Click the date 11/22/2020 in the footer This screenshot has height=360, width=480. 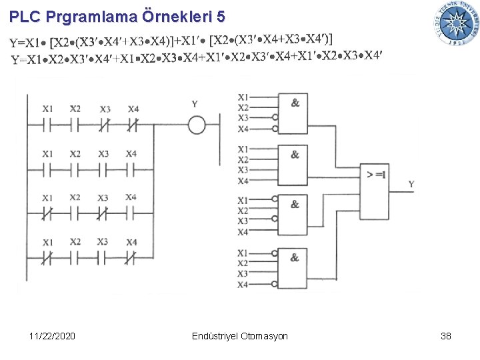click(53, 336)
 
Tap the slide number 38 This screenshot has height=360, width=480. click(446, 336)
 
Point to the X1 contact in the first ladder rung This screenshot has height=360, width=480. click(48, 124)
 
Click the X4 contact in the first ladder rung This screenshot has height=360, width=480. click(133, 124)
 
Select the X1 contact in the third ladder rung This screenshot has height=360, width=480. click(48, 214)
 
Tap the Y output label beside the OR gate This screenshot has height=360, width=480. click(411, 184)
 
